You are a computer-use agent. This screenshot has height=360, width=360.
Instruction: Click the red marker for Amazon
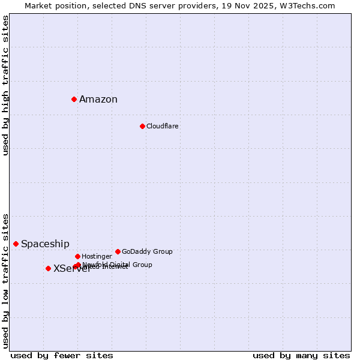coord(74,99)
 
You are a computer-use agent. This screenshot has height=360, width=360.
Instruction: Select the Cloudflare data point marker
coord(142,126)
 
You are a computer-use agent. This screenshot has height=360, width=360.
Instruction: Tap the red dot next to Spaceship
coord(16,244)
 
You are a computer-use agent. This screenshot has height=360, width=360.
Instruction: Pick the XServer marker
coord(48,268)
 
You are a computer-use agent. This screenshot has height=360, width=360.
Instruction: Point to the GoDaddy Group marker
coord(118,251)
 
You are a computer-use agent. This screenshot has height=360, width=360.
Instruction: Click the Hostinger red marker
coord(77,256)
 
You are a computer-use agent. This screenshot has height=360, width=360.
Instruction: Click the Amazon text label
coord(98,100)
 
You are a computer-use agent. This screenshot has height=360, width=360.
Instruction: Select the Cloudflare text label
coord(163,127)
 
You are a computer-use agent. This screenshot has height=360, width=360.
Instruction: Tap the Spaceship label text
coord(45,244)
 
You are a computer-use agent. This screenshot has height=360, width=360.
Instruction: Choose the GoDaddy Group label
coord(147,252)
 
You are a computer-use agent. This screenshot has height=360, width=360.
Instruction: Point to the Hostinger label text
coord(97,257)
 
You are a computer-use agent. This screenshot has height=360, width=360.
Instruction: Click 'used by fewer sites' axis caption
coord(62,355)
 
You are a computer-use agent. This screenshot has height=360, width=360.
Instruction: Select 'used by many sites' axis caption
coord(301,355)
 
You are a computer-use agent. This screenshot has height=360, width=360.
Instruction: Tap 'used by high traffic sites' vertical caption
coord(6,85)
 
